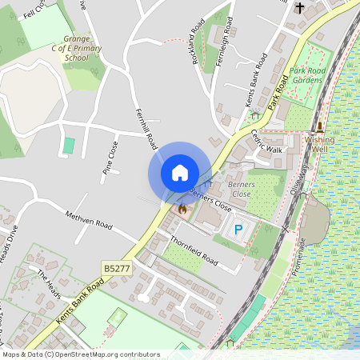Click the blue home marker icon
tap(180, 173)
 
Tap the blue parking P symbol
tap(238, 230)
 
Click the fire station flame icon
tap(182, 210)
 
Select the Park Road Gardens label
tap(309, 75)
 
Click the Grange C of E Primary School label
tap(77, 47)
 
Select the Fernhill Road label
tap(146, 129)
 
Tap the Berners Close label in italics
tap(241, 189)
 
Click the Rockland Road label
tap(195, 48)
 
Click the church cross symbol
tap(300, 8)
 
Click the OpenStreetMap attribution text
tap(80, 354)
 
